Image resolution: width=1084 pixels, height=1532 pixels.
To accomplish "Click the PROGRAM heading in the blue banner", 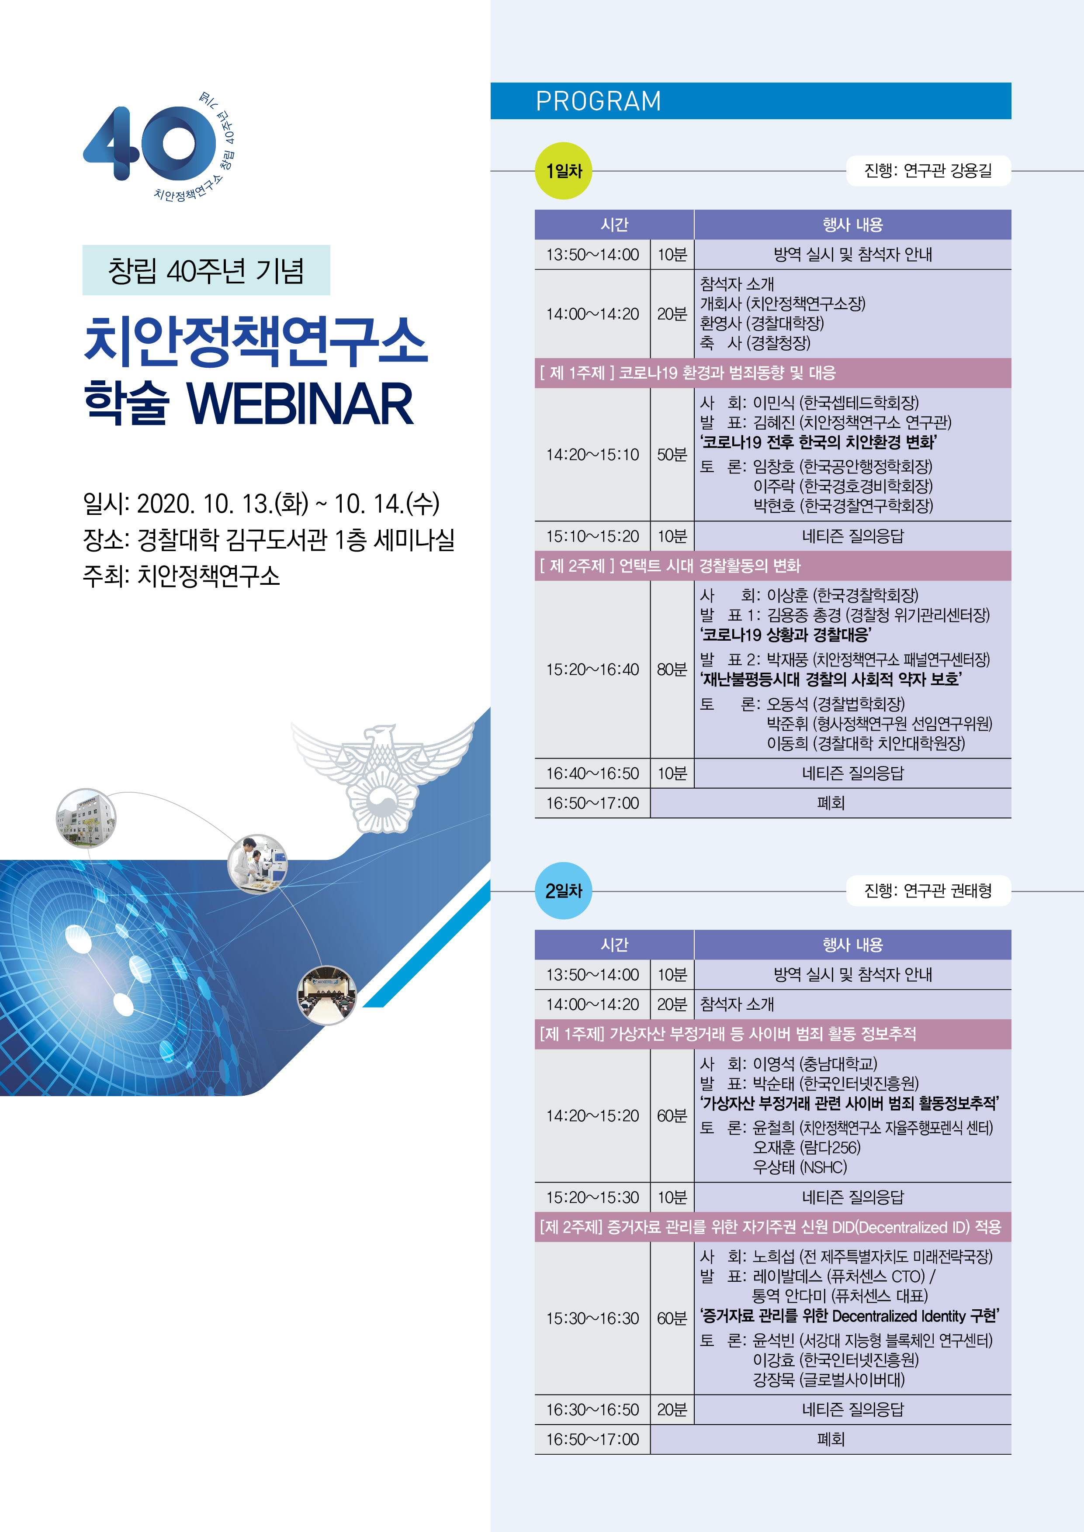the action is tap(598, 101).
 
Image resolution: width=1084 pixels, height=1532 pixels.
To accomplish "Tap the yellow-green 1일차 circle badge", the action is tap(564, 171).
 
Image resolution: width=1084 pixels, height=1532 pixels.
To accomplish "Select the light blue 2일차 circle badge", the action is tap(564, 891).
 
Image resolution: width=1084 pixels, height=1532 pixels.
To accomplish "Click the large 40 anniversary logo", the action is tap(150, 143).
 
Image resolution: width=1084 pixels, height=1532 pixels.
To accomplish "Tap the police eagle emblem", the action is tap(382, 776).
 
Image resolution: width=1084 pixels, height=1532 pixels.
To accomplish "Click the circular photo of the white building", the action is tap(86, 818).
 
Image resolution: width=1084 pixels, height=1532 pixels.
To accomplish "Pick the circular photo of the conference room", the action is tap(326, 995).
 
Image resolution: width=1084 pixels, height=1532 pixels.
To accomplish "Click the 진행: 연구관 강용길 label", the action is tap(928, 171).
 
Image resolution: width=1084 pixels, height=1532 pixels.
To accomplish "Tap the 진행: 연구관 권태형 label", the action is tap(928, 891).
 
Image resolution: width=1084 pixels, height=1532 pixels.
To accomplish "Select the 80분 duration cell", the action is tap(672, 669).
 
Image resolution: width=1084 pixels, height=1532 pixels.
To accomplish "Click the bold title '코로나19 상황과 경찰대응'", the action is tap(785, 635).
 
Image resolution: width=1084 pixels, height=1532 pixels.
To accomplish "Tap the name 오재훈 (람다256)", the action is tap(806, 1147).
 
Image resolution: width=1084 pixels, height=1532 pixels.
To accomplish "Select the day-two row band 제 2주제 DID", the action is tap(773, 1227).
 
